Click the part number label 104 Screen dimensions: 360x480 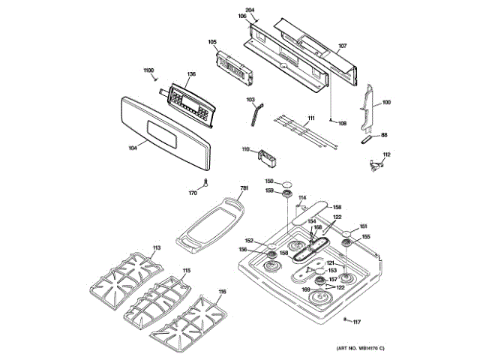(x=133, y=148)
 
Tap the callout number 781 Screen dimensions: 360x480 (x=244, y=188)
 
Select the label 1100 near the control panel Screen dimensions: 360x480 (x=148, y=70)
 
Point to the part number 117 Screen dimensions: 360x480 (x=357, y=322)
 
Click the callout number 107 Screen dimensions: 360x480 (x=342, y=47)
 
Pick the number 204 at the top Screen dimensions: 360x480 (x=250, y=9)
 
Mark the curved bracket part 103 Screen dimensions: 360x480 (x=256, y=117)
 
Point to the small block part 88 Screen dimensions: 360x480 (x=367, y=138)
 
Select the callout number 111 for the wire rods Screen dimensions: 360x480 (x=310, y=118)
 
